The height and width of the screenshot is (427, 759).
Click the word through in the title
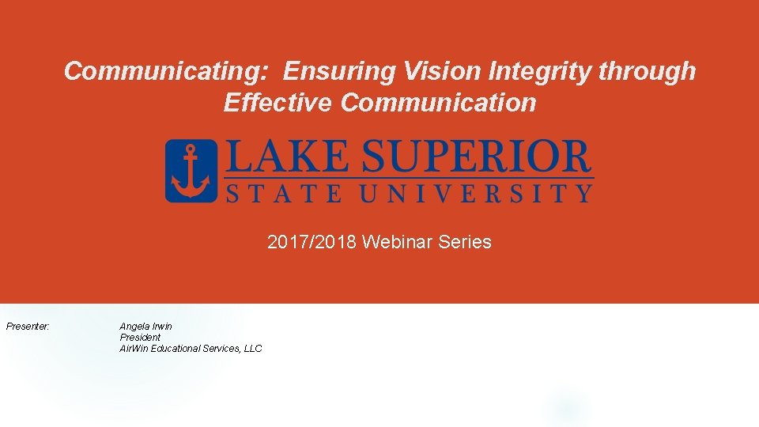click(648, 72)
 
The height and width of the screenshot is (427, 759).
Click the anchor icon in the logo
click(191, 171)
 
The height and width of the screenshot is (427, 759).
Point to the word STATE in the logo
click(276, 193)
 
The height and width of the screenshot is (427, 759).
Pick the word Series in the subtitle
click(465, 242)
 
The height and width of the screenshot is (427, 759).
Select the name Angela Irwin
click(145, 327)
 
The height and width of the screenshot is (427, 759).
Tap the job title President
click(140, 338)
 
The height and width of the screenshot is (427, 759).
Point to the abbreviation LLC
click(252, 349)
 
